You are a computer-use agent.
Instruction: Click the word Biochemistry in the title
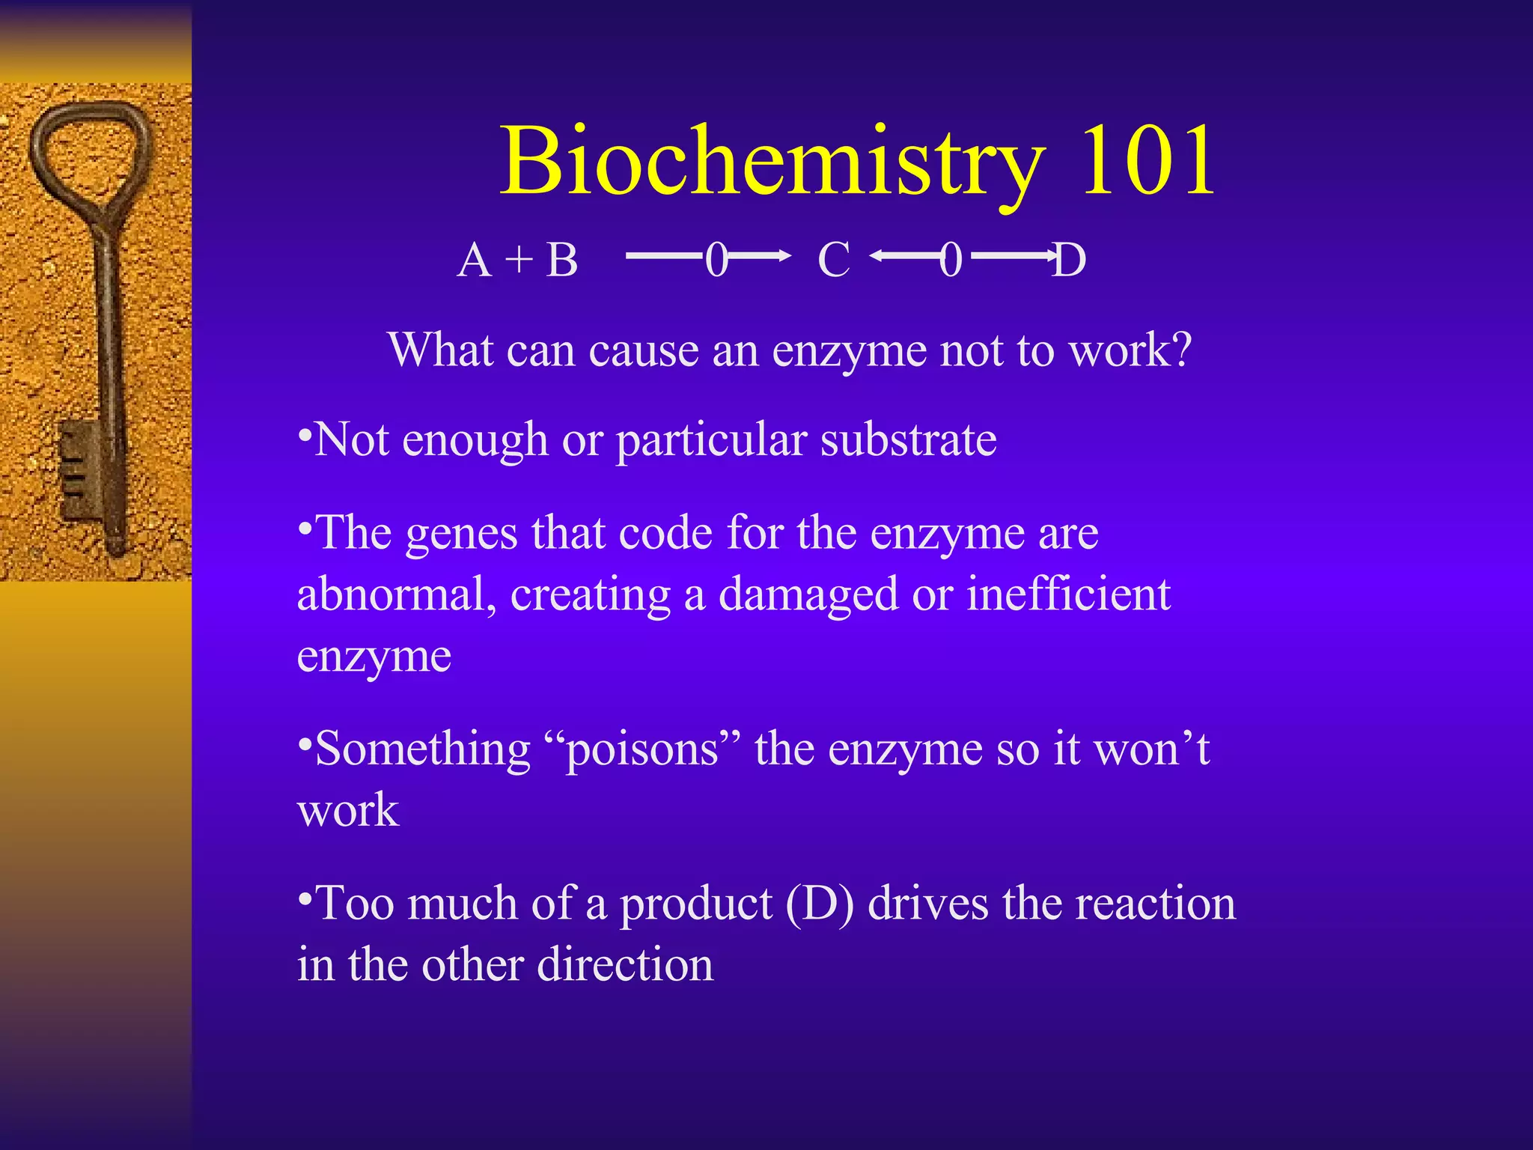771,161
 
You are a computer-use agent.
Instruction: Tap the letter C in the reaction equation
834,261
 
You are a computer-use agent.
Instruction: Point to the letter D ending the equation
1069,261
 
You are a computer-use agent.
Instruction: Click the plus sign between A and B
518,261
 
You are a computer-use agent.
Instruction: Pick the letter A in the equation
475,261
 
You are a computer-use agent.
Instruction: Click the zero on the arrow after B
716,261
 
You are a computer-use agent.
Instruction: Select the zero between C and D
951,261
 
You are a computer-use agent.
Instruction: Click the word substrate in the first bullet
909,439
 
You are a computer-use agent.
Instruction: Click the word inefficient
1068,594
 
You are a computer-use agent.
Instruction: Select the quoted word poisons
642,749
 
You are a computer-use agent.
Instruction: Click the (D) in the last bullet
820,904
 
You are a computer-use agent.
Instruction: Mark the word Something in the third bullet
423,749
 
